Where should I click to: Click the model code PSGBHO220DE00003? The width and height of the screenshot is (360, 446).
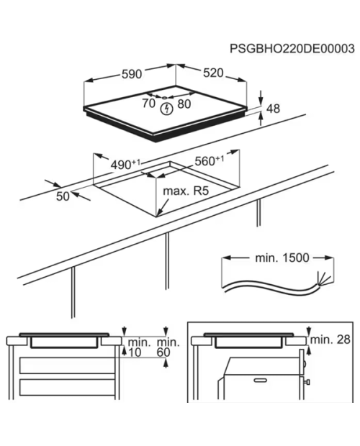pos(292,49)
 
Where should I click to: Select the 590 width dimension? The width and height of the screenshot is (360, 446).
pos(132,74)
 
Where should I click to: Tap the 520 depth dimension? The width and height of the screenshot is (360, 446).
pos(213,73)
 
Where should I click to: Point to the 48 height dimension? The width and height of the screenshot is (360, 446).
pos(273,109)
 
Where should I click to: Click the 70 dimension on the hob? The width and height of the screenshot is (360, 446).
pos(148,104)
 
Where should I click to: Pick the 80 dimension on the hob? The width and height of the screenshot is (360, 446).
pos(184,104)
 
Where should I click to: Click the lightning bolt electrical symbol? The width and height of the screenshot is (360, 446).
pos(167,109)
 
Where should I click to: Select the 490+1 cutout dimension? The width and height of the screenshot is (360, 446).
pos(125,165)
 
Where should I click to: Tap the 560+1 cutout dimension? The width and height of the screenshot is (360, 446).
pos(210,160)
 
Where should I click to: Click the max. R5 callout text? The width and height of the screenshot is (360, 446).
pos(186,191)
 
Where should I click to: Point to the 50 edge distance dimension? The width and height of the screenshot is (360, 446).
pos(63,196)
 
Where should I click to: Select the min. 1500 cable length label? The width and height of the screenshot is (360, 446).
pos(282,258)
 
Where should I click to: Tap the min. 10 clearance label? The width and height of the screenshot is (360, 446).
pos(137,347)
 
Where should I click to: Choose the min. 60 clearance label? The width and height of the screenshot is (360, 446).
pos(168,347)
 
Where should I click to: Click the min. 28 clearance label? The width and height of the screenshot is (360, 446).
pos(330,340)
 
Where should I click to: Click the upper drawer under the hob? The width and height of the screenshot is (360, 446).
pos(67,365)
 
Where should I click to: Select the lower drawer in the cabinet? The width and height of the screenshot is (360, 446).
pos(67,388)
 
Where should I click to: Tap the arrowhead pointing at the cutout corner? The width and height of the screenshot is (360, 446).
pos(159,211)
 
